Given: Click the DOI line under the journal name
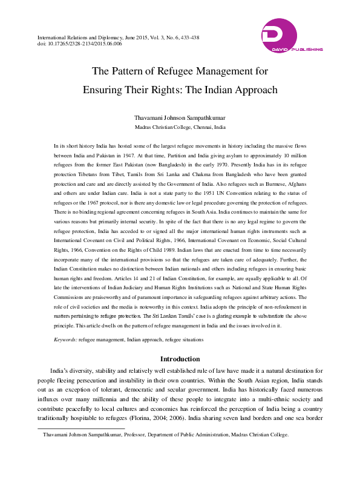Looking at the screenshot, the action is pos(79,44).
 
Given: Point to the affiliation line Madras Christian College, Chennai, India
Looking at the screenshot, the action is pos(180,128).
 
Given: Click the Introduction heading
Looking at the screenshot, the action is pos(180,359).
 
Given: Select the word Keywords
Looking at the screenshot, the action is pos(65,340).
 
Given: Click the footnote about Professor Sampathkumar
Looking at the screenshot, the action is pos(166,435).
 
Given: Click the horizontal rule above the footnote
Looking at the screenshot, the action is pos(81,428).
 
